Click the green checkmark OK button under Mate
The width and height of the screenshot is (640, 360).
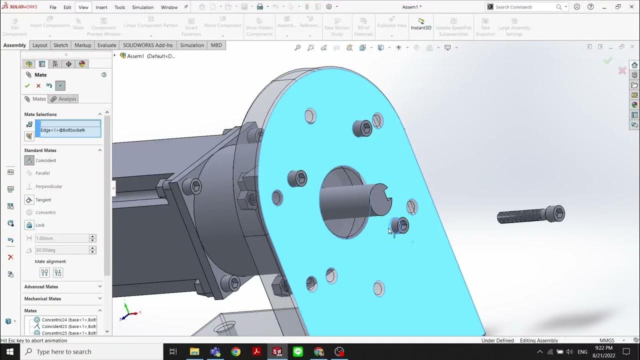click(27, 85)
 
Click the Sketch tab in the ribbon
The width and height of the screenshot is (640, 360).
click(60, 45)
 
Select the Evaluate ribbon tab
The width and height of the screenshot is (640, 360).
click(106, 45)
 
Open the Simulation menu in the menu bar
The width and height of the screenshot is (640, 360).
click(142, 7)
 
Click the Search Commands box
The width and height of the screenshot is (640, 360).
click(525, 7)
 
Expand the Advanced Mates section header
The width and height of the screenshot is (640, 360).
click(41, 286)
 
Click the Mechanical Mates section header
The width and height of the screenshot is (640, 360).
click(42, 298)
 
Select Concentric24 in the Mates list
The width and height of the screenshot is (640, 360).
click(69, 319)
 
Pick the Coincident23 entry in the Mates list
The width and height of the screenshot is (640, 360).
click(69, 326)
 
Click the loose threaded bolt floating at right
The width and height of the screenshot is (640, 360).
click(530, 216)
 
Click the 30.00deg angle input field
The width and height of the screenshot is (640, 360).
click(61, 250)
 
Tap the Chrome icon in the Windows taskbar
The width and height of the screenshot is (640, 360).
click(235, 351)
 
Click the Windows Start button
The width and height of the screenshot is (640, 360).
click(9, 351)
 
